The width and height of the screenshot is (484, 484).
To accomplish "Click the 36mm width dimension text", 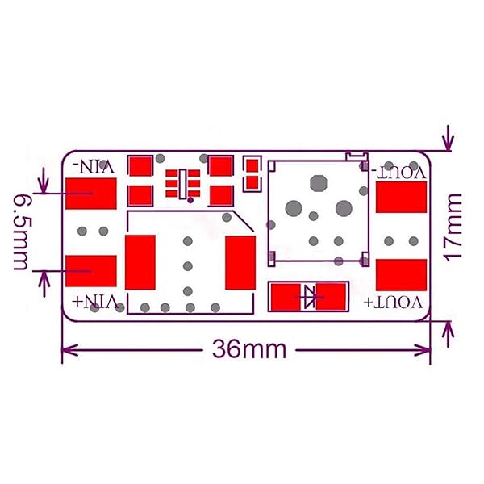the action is [x=250, y=349].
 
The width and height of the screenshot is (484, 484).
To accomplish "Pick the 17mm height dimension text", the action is [x=455, y=225].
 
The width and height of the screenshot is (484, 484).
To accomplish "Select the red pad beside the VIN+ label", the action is [x=91, y=270].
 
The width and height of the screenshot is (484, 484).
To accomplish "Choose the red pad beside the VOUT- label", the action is [x=401, y=199].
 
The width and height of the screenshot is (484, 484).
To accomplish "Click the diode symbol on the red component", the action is [x=309, y=297].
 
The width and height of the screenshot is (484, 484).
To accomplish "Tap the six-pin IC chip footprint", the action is [x=183, y=182].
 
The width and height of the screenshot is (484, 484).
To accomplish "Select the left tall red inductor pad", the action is [x=140, y=262].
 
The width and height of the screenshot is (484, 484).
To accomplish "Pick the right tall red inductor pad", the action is [x=240, y=262].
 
